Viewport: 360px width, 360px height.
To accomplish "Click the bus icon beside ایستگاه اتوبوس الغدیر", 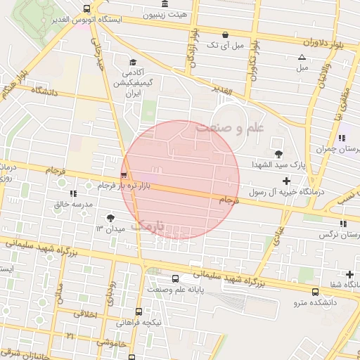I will [x=86, y=9].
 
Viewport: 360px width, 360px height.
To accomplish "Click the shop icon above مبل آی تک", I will [x=225, y=34].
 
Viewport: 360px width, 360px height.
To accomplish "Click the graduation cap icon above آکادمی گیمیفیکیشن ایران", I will [x=131, y=61].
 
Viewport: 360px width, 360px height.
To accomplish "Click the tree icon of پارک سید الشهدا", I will [x=278, y=153].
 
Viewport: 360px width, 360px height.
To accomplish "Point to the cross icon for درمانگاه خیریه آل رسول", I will [x=286, y=181].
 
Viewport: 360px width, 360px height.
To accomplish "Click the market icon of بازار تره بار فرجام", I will [x=124, y=175].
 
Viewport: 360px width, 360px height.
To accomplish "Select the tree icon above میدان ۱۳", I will [x=110, y=217].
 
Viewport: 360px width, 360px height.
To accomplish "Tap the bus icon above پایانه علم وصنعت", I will [x=175, y=278].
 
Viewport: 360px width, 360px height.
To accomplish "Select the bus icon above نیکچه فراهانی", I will [x=139, y=311].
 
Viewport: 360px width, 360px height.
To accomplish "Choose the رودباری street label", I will [x=110, y=296].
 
